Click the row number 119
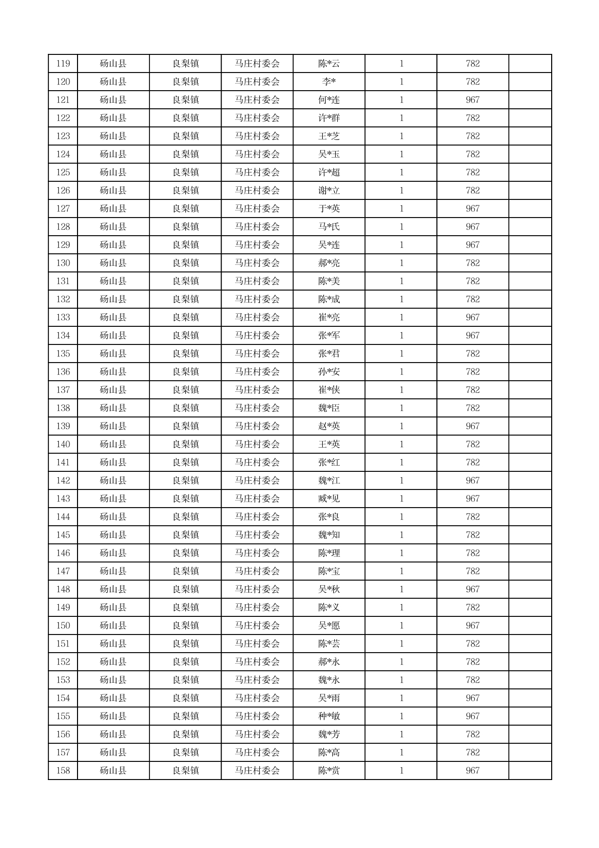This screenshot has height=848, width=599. pos(63,64)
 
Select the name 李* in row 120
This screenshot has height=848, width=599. pos(329,82)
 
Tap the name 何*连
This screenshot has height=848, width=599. pos(329,100)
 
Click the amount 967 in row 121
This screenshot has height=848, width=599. pos(472,100)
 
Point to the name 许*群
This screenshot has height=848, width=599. pos(329,118)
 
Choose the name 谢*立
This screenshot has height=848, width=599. pos(329,191)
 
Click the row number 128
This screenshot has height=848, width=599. pos(63,227)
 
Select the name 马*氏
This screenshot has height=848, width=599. pos(329,227)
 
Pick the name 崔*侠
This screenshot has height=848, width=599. pos(329,390)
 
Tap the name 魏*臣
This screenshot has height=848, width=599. pos(329,408)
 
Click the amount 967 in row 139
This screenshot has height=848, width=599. pos(472,427)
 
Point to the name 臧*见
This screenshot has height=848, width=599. pos(329,499)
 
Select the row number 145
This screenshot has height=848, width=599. pos(63,535)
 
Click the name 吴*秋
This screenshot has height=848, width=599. pos(329,590)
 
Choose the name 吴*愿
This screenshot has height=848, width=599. pos(329,626)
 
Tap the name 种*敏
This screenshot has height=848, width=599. pos(329,717)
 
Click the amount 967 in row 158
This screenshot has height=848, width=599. pos(472,771)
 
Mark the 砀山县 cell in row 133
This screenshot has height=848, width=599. pos(113,318)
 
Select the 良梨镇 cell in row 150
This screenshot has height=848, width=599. pos(185,626)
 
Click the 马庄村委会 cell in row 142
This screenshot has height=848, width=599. pos(257,481)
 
